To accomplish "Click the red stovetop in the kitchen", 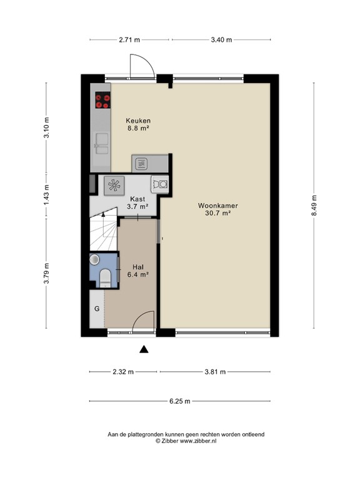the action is coord(102,101).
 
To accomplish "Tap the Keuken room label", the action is coord(138,121).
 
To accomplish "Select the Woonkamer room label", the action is coord(217,206).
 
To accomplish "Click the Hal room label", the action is coord(138,267).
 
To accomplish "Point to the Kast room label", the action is coord(137,199).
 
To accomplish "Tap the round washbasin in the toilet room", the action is coord(94,259).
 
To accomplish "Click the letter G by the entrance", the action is coord(97,309).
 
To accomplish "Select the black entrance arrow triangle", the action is coord(144,349).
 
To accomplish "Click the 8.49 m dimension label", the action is coord(314,206).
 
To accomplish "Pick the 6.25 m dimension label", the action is coord(180,401).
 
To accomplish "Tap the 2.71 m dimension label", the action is coord(129,40).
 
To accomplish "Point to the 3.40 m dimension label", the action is coord(221,40).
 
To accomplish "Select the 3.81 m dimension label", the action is coord(215,372).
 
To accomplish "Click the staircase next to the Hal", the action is coord(104,229).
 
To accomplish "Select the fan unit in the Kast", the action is coord(114,186).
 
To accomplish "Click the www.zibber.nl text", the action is coord(197,441).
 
